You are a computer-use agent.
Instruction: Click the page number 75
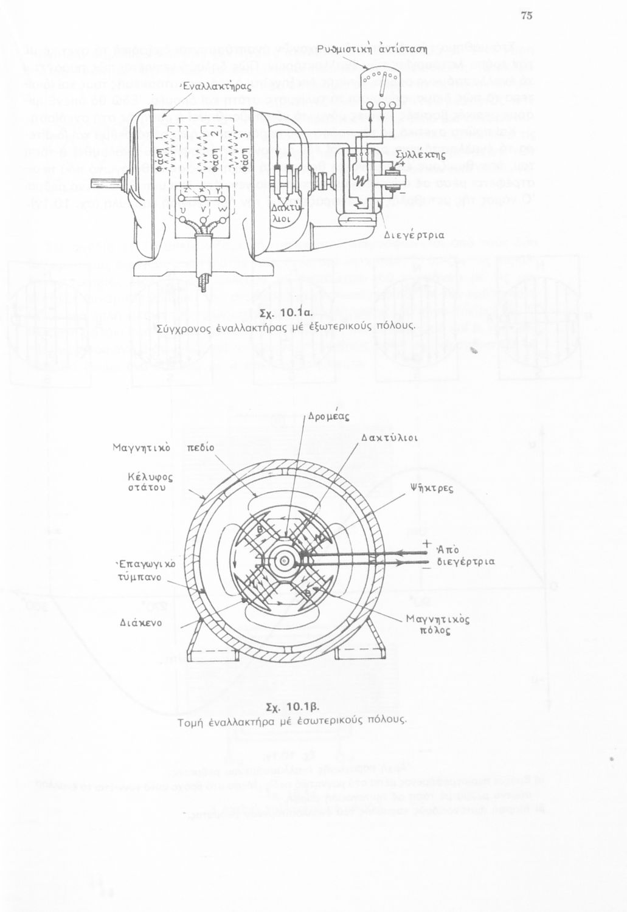pyautogui.click(x=527, y=16)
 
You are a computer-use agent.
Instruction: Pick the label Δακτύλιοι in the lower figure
pyautogui.click(x=389, y=437)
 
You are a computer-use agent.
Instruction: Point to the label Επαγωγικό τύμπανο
pyautogui.click(x=145, y=570)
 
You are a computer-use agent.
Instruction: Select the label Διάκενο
pyautogui.click(x=139, y=623)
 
